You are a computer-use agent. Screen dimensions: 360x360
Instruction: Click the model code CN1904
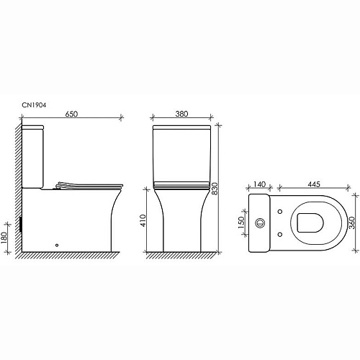[x=34, y=104]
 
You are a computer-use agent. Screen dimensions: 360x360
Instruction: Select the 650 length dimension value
[x=70, y=112]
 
